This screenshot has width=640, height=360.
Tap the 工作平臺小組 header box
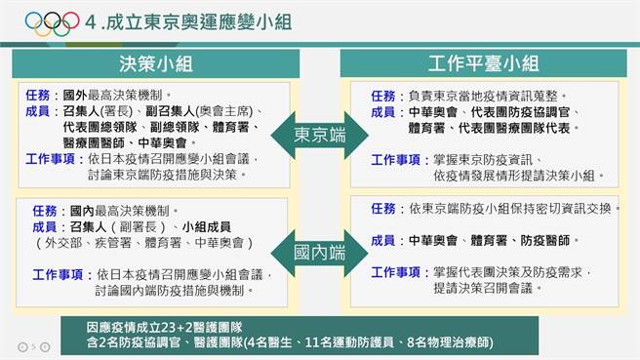pyautogui.click(x=483, y=63)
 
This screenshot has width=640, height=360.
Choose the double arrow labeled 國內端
pyautogui.click(x=320, y=252)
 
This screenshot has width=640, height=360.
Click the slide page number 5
pyautogui.click(x=33, y=346)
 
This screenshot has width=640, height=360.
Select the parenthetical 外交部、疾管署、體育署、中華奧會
pyautogui.click(x=142, y=242)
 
